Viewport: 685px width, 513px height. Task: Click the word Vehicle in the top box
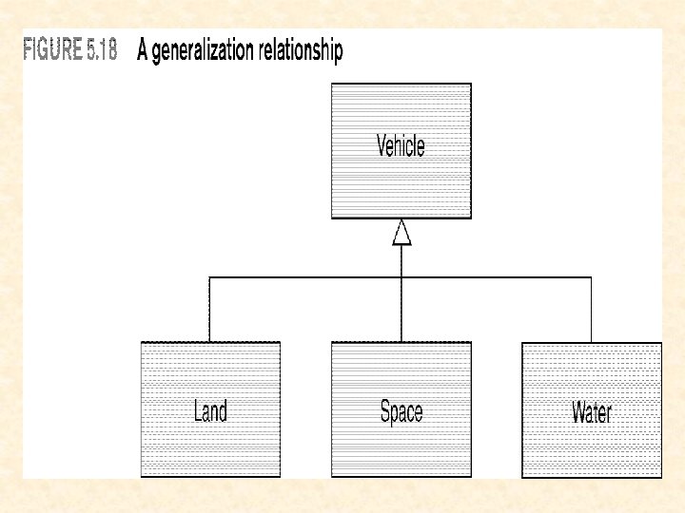pyautogui.click(x=401, y=146)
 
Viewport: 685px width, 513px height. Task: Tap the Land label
pyautogui.click(x=210, y=411)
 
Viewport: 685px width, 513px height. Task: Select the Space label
pyautogui.click(x=401, y=411)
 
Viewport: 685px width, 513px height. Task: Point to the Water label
pyautogui.click(x=592, y=412)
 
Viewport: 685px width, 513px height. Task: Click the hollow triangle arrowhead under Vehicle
pyautogui.click(x=401, y=233)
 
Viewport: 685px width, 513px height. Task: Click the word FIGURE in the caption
pyautogui.click(x=51, y=51)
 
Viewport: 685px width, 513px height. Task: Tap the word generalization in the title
pyautogui.click(x=205, y=52)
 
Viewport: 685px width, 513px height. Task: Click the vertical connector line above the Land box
pyautogui.click(x=210, y=309)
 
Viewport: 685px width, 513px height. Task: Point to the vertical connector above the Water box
pyautogui.click(x=591, y=309)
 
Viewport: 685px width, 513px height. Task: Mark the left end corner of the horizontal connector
pyautogui.click(x=210, y=277)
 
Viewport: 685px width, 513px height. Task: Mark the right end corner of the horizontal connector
pyautogui.click(x=591, y=277)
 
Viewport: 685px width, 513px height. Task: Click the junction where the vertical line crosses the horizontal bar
pyautogui.click(x=401, y=277)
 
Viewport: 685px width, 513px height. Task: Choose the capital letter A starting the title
pyautogui.click(x=143, y=51)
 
